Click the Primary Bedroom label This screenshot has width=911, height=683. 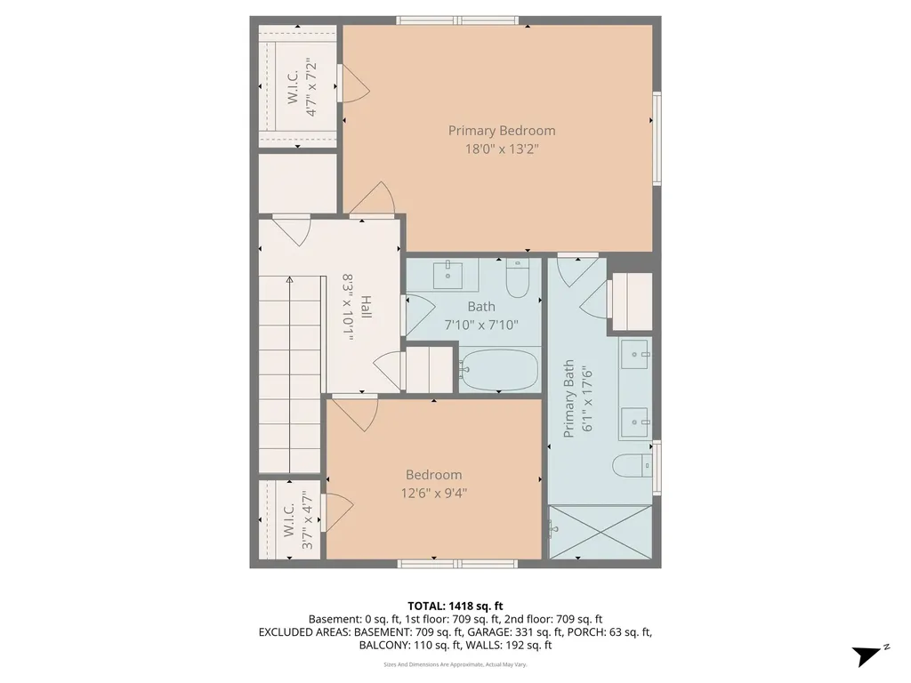point(502,131)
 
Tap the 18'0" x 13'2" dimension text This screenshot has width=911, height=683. point(502,149)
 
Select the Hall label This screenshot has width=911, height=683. point(366,307)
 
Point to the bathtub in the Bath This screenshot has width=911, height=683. point(500,369)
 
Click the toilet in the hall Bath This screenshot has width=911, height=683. point(518,278)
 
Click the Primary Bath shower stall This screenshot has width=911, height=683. point(601,532)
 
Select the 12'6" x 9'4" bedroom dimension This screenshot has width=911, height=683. point(434,494)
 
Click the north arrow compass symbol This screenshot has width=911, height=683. point(867,655)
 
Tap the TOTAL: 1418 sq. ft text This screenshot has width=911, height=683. point(455,607)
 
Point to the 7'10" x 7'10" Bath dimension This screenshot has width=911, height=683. point(481,325)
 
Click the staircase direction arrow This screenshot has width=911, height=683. point(289,375)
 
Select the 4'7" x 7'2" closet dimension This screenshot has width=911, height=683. point(311,87)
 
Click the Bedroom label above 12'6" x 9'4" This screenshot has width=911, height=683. point(434,475)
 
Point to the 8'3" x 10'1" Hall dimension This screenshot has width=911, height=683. point(348,307)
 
